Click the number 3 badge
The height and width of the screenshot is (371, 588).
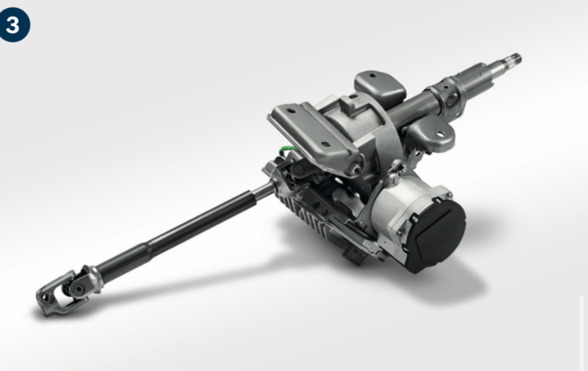(14, 26)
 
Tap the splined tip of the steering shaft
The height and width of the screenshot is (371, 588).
(513, 59)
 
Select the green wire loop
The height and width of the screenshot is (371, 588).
(288, 151)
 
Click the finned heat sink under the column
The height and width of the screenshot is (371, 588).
(305, 217)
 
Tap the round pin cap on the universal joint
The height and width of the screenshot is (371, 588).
(79, 288)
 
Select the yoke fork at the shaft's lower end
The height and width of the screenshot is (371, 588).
(56, 294)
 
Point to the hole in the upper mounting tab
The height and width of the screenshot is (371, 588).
(372, 76)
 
